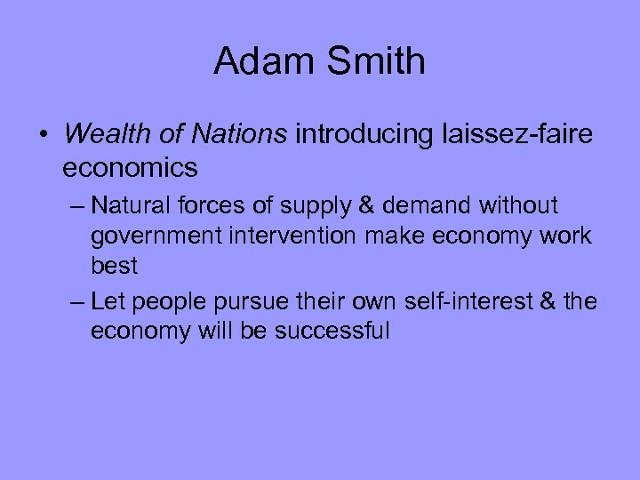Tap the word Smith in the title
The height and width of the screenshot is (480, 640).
click(x=374, y=61)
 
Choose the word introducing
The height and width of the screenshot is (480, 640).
click(x=366, y=134)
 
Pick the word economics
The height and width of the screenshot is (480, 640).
click(x=130, y=166)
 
